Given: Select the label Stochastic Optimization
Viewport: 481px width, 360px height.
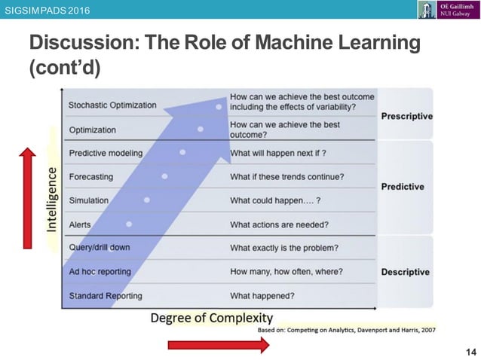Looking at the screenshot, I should coord(112,105).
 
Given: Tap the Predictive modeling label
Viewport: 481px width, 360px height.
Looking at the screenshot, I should coord(106,153).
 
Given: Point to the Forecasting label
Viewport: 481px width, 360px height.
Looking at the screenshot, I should coord(90,177).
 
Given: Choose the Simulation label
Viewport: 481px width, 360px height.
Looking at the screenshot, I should coord(89,200).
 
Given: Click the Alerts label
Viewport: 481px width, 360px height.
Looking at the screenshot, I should coord(80,224).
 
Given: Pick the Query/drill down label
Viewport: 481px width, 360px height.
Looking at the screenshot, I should coord(100,248).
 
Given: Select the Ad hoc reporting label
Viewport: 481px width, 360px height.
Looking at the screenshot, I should coord(100,271).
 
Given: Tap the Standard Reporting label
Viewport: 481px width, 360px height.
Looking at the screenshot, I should coord(106,295).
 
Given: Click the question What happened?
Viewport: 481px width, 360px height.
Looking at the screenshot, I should coord(262,295).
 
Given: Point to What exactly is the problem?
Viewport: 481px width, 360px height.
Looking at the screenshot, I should coord(284,248).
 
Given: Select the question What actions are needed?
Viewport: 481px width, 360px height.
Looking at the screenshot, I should coord(279,224).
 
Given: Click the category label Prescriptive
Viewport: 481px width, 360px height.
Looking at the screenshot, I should coord(406,116).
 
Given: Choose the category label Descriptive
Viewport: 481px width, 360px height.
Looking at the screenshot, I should coord(405,272).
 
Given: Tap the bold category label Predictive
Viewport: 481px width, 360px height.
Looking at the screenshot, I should coord(402,187).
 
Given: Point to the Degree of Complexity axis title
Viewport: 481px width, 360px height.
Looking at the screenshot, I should coord(212,318).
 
